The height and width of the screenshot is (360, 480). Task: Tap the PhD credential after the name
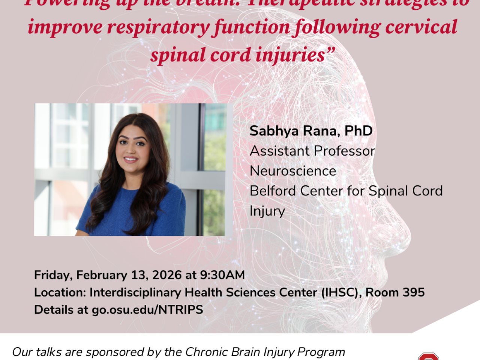358,131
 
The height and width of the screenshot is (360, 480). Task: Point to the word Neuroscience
293,171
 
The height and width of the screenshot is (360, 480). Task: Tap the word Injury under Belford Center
267,211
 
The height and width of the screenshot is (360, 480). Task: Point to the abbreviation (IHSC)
341,292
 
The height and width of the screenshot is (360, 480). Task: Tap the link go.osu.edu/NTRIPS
147,310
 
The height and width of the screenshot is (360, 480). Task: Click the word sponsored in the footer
115,352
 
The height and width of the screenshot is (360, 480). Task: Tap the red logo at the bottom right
428,356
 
